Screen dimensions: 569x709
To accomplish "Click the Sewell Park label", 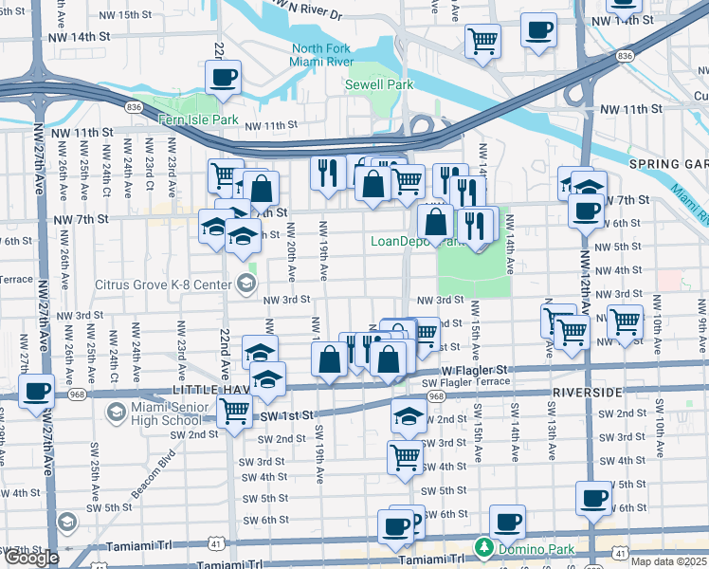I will (x=386, y=84).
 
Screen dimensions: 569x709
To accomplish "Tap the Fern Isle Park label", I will (x=199, y=120).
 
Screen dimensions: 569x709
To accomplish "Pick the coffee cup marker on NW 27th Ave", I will (x=36, y=391).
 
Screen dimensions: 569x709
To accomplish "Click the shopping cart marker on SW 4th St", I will (x=406, y=456).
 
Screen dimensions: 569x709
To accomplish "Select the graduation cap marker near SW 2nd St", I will (x=409, y=414).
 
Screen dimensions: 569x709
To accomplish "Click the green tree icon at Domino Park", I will (x=484, y=548).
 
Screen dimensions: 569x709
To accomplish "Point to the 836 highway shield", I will (x=623, y=57).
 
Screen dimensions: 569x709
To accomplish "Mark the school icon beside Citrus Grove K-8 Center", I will (x=246, y=283).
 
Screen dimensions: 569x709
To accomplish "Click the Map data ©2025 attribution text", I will (x=668, y=561).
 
